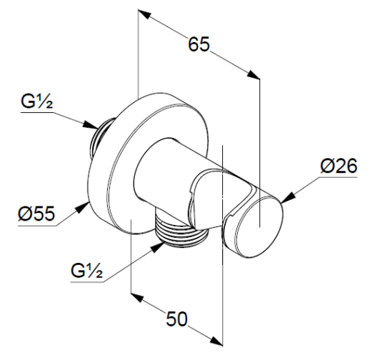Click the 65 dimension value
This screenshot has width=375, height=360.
click(x=199, y=44)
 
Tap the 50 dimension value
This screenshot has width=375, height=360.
click(x=176, y=319)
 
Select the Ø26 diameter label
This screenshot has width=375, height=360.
click(x=339, y=166)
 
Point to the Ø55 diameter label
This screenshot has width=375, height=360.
click(x=36, y=213)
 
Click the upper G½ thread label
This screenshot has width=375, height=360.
click(x=37, y=101)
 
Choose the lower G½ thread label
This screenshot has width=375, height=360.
click(x=87, y=271)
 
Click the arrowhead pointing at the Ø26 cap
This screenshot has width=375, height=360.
click(x=288, y=198)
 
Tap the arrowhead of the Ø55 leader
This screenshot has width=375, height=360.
click(x=82, y=207)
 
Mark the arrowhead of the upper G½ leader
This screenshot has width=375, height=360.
click(x=91, y=125)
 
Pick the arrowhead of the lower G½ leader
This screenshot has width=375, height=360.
click(x=157, y=247)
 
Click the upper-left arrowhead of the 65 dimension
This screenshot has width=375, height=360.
click(x=145, y=14)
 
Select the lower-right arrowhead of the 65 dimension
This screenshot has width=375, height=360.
click(x=253, y=74)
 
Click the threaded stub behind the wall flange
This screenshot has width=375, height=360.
click(x=101, y=139)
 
